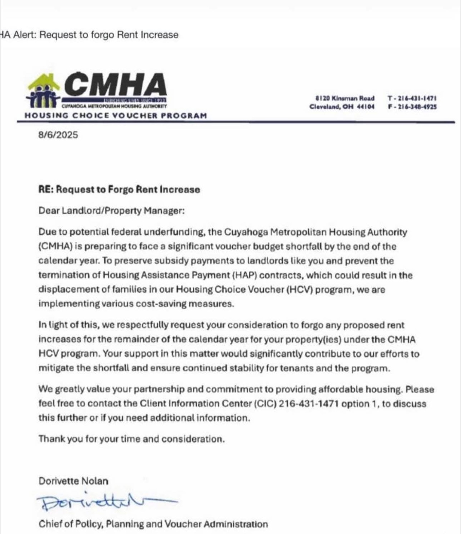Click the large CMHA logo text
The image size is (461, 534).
[115, 85]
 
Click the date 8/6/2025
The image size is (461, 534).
[58, 135]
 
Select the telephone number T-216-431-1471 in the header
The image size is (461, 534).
[412, 98]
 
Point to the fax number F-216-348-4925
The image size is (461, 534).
[412, 107]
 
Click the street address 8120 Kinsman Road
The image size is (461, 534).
[345, 98]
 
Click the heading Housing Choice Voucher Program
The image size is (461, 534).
[115, 116]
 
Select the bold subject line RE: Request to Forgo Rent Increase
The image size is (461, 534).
[119, 189]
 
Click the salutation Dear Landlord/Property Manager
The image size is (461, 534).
[111, 211]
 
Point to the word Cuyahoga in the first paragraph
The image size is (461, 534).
[246, 232]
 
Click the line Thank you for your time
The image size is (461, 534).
[131, 439]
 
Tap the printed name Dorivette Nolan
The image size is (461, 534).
[73, 481]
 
